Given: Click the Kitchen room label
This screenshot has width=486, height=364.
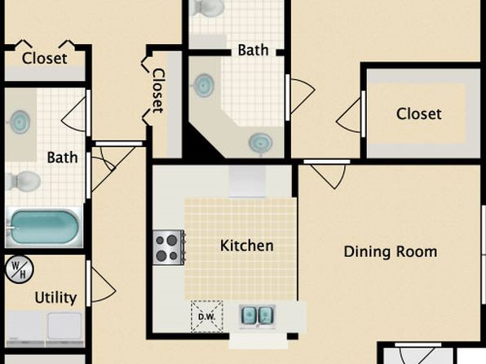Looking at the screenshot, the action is pyautogui.click(x=247, y=246).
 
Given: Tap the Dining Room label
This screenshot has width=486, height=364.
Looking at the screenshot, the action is pyautogui.click(x=391, y=251).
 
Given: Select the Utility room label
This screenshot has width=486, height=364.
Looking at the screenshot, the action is pyautogui.click(x=55, y=298).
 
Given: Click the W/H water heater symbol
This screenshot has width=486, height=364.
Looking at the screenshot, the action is pyautogui.click(x=20, y=269).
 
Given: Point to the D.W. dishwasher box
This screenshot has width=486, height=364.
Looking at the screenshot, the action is pyautogui.click(x=207, y=317).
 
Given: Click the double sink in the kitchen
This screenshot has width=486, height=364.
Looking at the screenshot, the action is pyautogui.click(x=257, y=317).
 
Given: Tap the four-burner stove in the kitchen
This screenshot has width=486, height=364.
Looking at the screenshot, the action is pyautogui.click(x=169, y=247).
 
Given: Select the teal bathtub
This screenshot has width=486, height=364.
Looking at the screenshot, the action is pyautogui.click(x=44, y=227).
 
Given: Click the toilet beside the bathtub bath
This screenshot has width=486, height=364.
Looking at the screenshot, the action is pyautogui.click(x=24, y=181).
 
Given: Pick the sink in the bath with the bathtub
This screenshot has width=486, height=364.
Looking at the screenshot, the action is pyautogui.click(x=20, y=122).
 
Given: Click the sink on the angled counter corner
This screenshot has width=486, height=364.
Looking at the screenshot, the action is pyautogui.click(x=260, y=143).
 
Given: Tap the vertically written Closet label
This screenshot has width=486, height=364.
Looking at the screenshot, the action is pyautogui.click(x=157, y=91).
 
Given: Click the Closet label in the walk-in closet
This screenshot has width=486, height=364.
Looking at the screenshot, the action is pyautogui.click(x=419, y=114).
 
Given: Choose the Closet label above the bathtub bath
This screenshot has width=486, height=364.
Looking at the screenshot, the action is pyautogui.click(x=44, y=58).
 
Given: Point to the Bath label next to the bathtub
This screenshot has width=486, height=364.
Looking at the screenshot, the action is pyautogui.click(x=62, y=158).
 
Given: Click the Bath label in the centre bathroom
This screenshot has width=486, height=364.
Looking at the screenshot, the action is pyautogui.click(x=253, y=51).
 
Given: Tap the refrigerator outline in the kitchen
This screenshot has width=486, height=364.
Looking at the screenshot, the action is pyautogui.click(x=247, y=181).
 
